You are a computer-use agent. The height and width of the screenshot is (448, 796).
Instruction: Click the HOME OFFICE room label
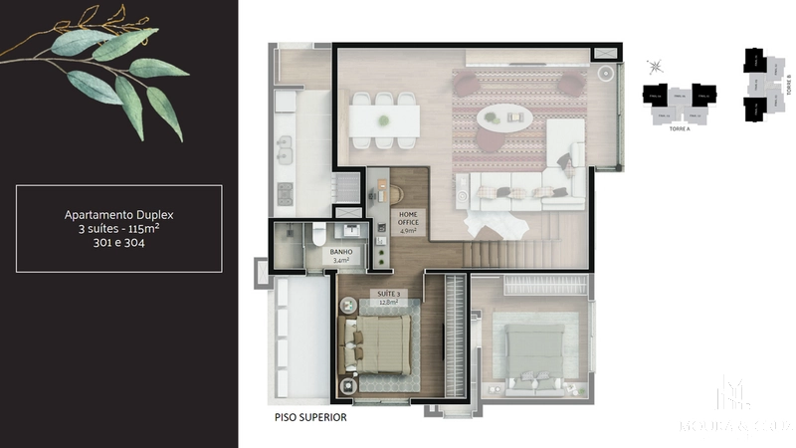click(x=408, y=220)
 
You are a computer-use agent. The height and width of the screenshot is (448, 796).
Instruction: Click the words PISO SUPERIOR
click(x=310, y=418)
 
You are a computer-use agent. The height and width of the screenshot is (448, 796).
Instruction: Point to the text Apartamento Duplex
click(x=118, y=214)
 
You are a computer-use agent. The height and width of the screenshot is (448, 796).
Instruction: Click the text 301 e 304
click(x=118, y=242)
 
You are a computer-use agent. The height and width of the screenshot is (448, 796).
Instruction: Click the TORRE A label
click(x=680, y=128)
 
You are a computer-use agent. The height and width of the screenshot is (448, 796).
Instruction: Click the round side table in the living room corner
click(x=604, y=74)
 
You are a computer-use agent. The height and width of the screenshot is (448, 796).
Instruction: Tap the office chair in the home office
click(x=393, y=192)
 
